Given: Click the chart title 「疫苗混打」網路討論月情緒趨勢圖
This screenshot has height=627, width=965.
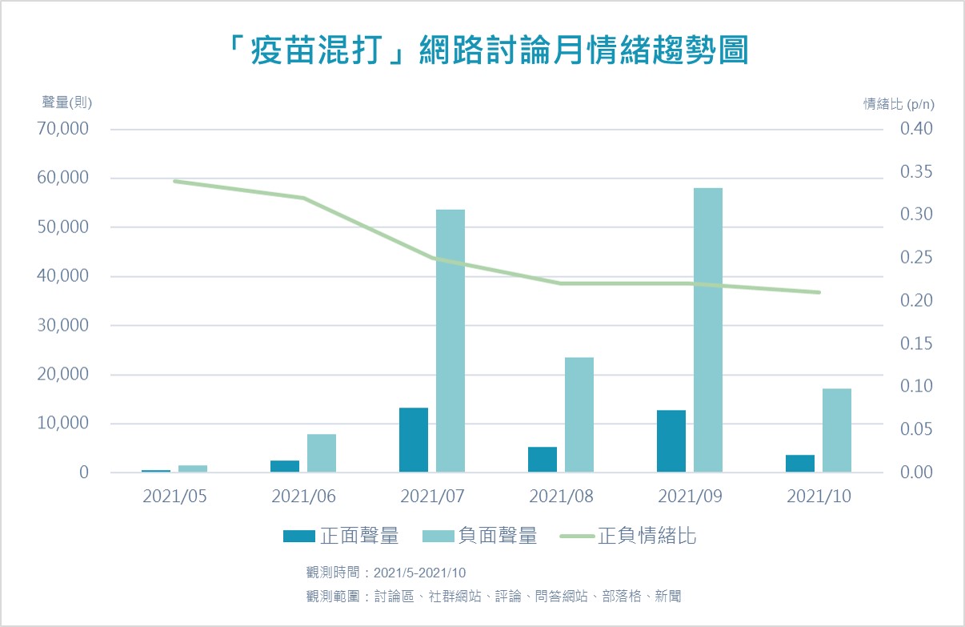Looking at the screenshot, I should click(x=482, y=50).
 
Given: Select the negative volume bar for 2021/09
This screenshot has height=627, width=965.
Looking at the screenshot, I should click(x=708, y=330).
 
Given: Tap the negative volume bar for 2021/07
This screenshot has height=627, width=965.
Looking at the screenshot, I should click(x=450, y=340).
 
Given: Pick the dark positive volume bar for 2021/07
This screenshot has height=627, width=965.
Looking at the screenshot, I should click(x=414, y=440).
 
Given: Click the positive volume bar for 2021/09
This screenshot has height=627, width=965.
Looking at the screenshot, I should click(x=671, y=440).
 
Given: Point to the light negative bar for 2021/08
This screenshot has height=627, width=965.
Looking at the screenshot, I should click(x=579, y=414).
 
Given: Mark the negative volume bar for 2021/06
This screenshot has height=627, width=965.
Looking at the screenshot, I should click(x=322, y=452).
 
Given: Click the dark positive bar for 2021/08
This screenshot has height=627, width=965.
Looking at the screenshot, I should click(x=543, y=459).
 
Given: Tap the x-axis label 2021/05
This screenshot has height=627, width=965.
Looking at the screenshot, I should click(x=174, y=496).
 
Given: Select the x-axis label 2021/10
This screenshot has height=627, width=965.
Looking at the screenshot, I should click(x=819, y=496).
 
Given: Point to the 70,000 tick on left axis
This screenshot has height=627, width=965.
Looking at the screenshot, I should click(x=63, y=129).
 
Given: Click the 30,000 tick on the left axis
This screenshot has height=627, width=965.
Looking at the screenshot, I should click(x=63, y=326).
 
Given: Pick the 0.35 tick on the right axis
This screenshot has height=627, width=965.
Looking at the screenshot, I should click(x=916, y=172).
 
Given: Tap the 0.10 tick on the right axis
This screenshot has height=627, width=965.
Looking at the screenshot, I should click(x=916, y=386).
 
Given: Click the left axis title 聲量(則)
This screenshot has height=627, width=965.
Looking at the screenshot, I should click(x=67, y=102).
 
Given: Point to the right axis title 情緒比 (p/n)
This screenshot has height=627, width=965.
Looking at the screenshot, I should click(x=899, y=103).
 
